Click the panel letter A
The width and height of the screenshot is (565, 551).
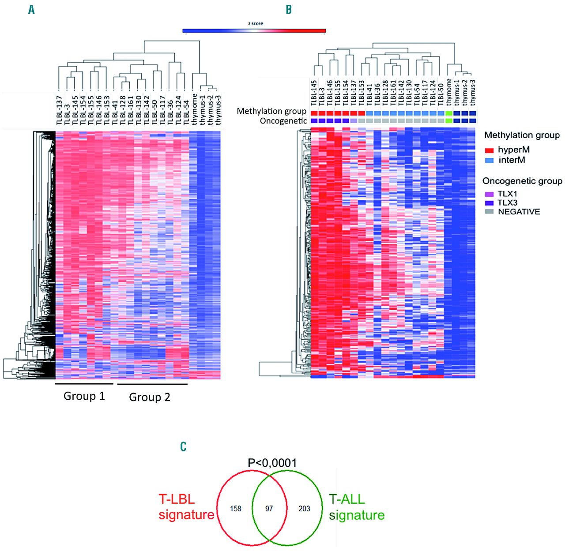click(31, 10)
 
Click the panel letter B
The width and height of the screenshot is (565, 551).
click(289, 10)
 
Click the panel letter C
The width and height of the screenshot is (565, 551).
click(184, 446)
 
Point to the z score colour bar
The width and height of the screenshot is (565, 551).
click(254, 31)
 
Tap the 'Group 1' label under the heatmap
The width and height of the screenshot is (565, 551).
click(84, 396)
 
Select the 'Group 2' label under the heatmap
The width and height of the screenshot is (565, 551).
click(149, 397)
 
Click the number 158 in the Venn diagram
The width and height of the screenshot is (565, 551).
click(236, 509)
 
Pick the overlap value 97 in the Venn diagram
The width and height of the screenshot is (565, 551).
click(269, 509)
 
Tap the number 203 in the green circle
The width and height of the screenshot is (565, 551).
click(304, 509)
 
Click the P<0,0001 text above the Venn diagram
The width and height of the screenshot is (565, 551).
click(272, 463)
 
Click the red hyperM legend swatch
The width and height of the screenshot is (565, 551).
click(489, 150)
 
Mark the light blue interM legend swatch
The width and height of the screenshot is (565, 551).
click(489, 161)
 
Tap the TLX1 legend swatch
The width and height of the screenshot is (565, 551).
click(489, 194)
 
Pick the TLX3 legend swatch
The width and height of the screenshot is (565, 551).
click(489, 203)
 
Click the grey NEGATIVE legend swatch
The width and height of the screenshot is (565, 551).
click(489, 212)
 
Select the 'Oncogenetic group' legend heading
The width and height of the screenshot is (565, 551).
click(522, 181)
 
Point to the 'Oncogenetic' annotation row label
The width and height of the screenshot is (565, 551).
click(283, 121)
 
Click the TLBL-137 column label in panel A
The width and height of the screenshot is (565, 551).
click(60, 110)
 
